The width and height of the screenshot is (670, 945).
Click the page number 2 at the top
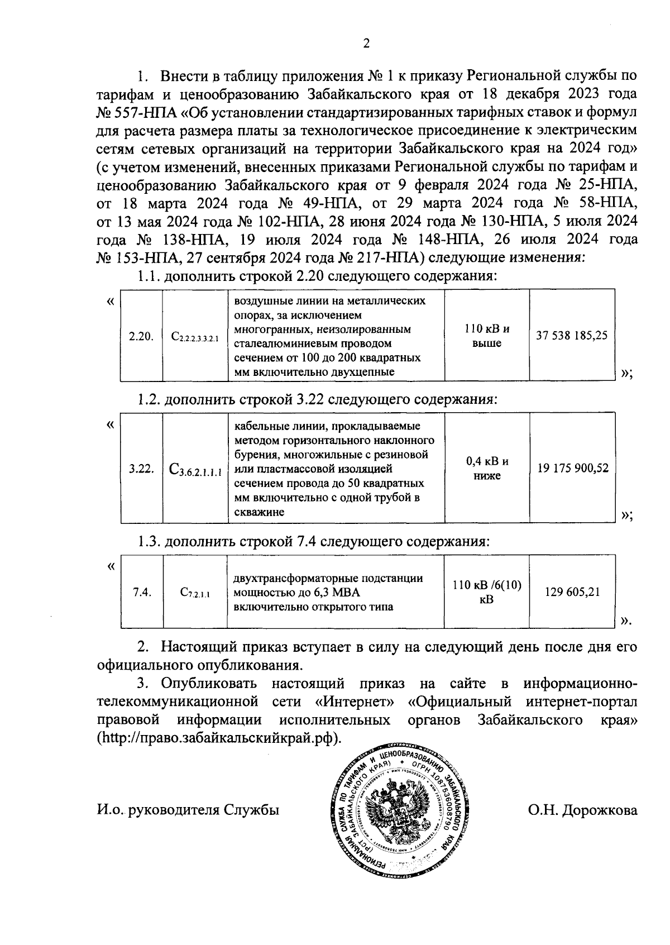tap(366, 44)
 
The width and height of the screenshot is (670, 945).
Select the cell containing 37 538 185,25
tap(571, 336)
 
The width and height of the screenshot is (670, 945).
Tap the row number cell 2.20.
tap(141, 336)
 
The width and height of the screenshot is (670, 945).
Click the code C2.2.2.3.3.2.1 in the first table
tap(195, 337)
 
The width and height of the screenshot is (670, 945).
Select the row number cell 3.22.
tap(141, 469)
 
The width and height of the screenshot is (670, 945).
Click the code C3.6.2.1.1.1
tap(195, 470)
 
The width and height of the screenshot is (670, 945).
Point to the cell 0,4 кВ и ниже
tap(487, 469)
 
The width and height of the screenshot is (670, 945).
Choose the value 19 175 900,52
tap(572, 469)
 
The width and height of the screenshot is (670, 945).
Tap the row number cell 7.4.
tap(142, 593)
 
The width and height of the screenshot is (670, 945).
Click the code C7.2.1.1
tap(195, 593)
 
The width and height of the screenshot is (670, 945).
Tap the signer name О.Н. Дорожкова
tap(582, 809)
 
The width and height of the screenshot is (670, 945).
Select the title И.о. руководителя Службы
tap(188, 809)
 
